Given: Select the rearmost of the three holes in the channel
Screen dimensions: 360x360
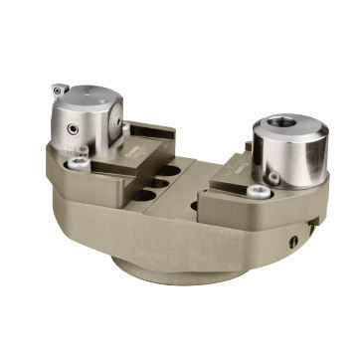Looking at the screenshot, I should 170,170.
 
